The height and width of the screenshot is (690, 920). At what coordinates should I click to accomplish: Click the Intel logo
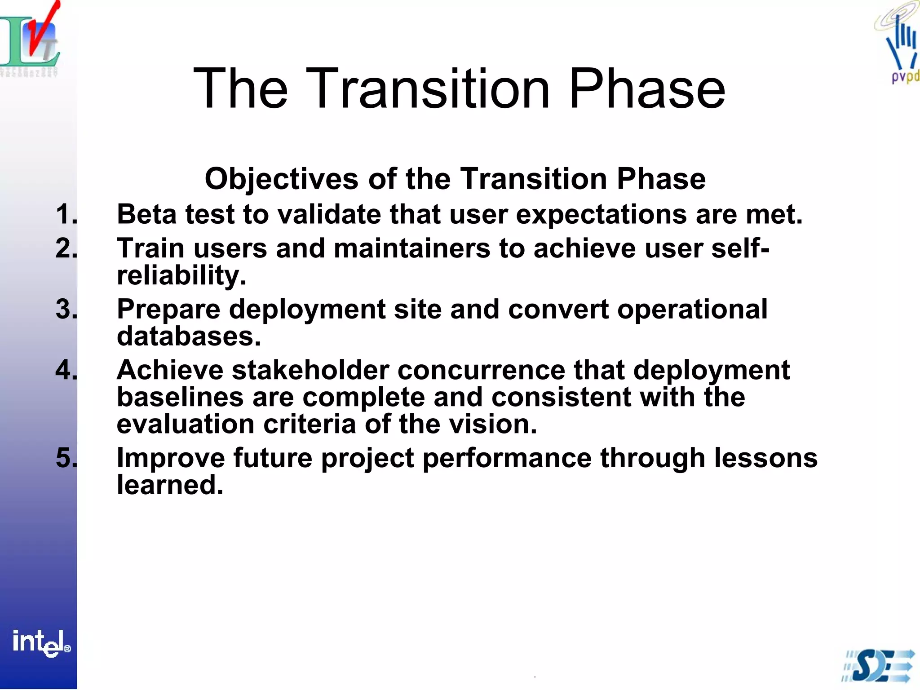tap(40, 642)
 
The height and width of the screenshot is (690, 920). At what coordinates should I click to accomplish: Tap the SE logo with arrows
tap(878, 666)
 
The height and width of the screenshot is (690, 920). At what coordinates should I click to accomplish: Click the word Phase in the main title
tap(647, 88)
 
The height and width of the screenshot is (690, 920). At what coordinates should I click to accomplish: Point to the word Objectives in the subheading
tap(282, 179)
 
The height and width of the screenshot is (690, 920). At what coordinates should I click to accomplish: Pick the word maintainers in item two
tap(411, 248)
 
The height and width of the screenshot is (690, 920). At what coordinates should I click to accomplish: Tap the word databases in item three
tap(188, 336)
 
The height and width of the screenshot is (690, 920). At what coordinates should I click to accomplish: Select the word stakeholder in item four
tap(310, 371)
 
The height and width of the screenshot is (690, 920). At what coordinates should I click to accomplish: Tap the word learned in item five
tap(170, 485)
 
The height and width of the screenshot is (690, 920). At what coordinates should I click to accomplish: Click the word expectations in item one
tap(601, 215)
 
